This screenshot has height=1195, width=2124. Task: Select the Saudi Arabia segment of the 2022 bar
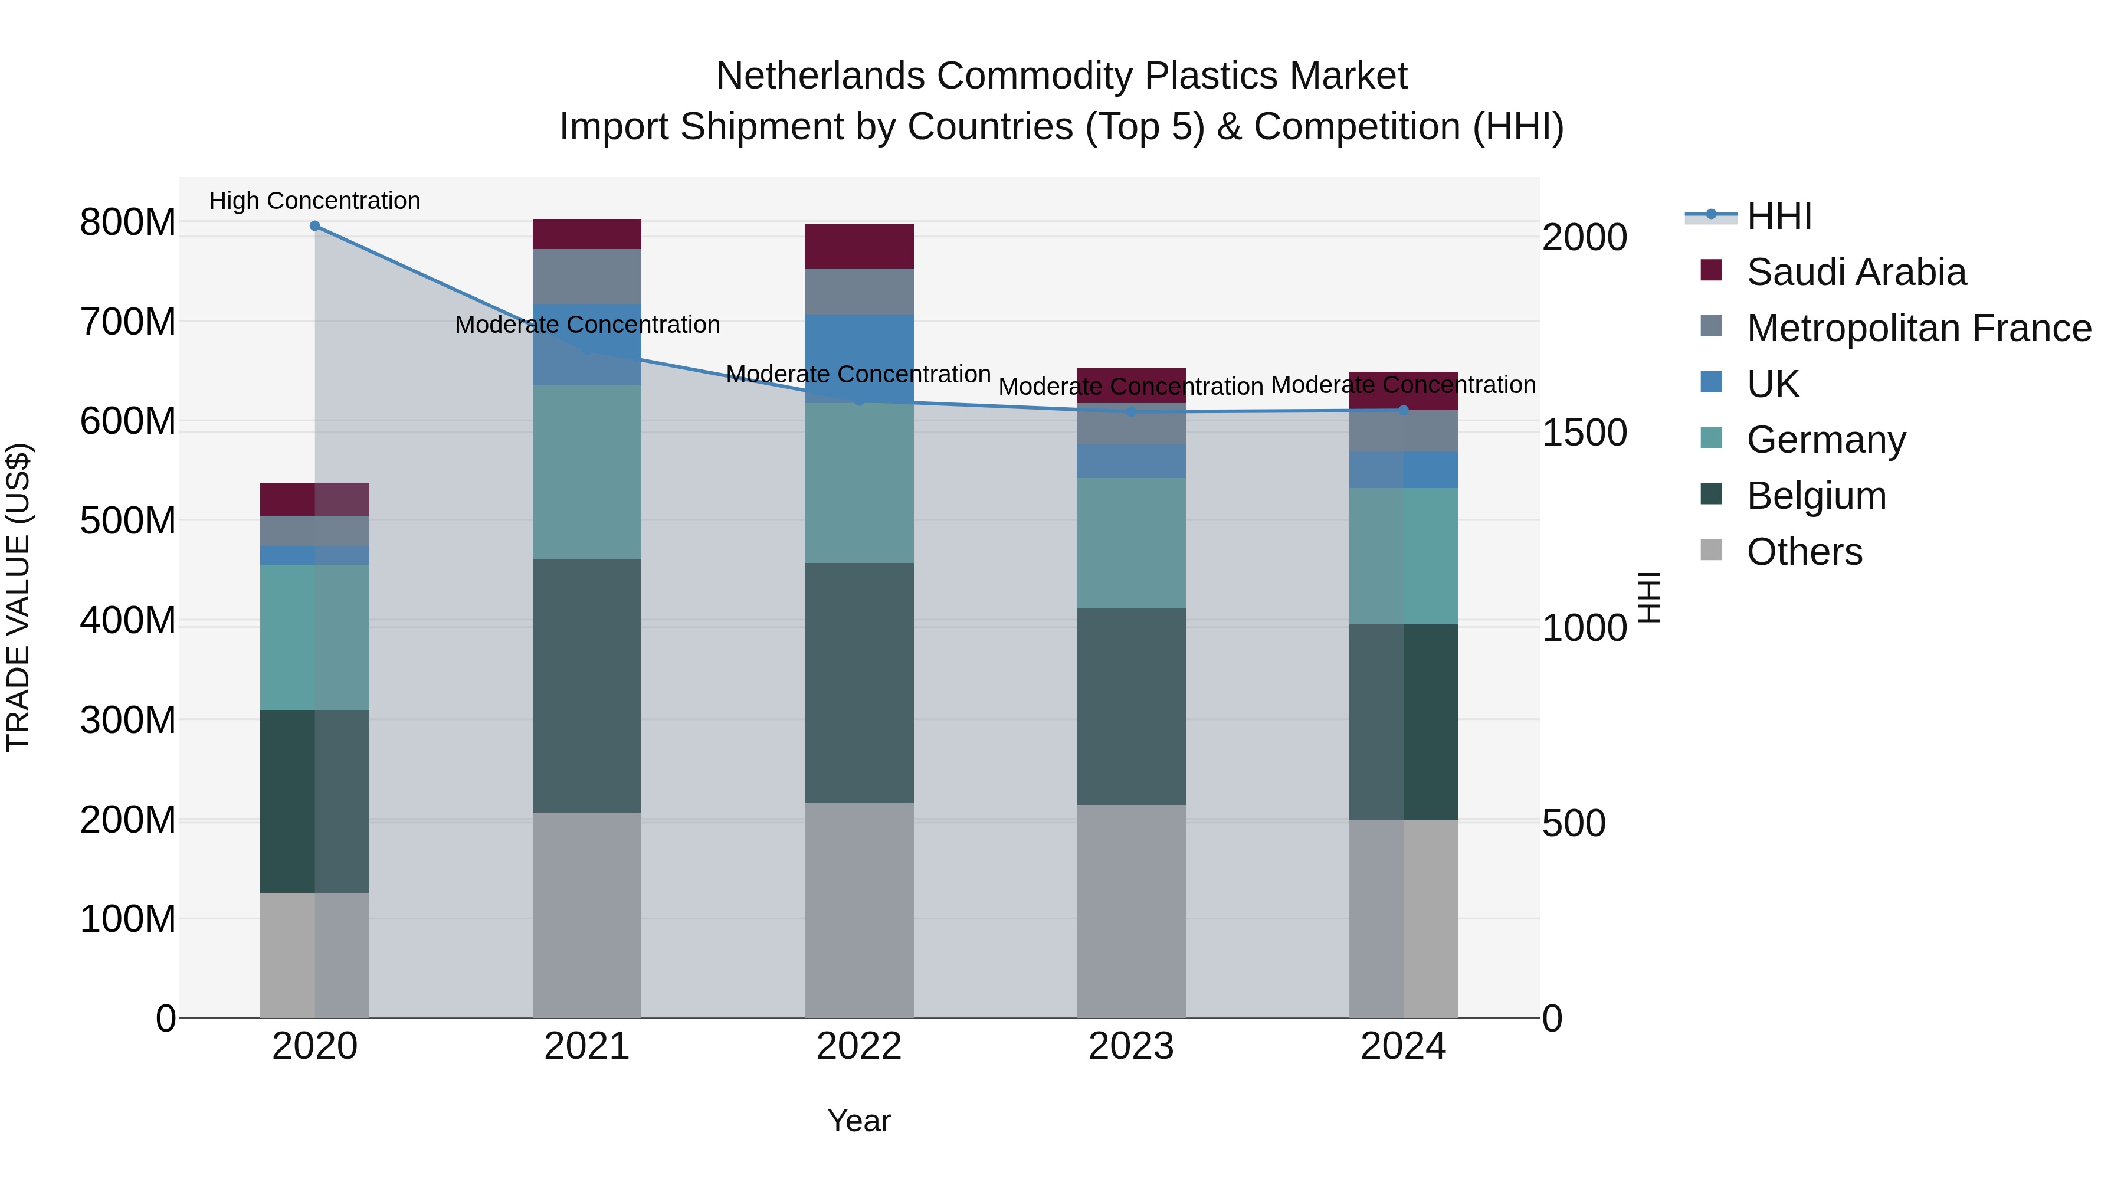click(x=858, y=245)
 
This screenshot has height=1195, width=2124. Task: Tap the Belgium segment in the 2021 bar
click(x=586, y=685)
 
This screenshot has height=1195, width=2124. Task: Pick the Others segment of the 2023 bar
click(x=1130, y=911)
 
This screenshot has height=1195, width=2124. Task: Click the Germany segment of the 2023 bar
click(x=1130, y=543)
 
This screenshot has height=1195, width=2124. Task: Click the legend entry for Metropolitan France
click(x=1918, y=328)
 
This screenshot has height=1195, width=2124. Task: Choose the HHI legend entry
click(x=1778, y=216)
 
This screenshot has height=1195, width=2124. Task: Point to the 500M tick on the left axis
click(x=128, y=520)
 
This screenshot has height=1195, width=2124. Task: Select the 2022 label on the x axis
click(x=858, y=1046)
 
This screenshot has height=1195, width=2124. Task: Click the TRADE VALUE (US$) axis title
click(x=18, y=597)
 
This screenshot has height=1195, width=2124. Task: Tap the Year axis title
click(x=858, y=1121)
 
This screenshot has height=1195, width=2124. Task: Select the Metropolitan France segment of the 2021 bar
click(x=586, y=276)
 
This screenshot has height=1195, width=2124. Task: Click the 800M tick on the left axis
click(x=128, y=222)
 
